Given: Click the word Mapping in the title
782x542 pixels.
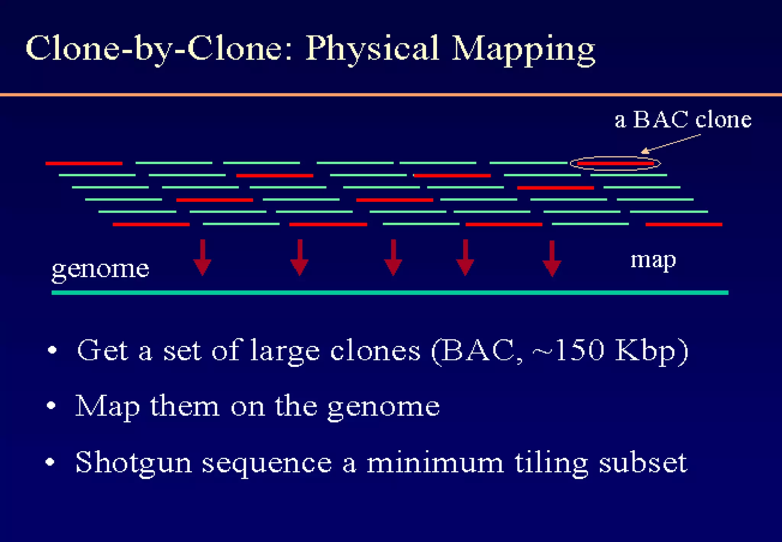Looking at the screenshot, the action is tap(523, 50).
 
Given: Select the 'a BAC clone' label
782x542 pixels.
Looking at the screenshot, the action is tap(683, 119).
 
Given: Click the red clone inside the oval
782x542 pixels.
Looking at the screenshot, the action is tap(616, 164).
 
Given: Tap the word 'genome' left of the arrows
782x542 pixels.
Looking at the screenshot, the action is tap(100, 269).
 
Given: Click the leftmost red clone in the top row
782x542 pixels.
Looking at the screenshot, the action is tap(84, 164).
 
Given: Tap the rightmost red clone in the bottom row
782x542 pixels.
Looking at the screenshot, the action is tap(683, 224).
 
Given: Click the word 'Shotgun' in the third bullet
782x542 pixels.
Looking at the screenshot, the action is tap(133, 462).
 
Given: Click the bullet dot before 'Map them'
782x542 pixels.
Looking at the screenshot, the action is tap(51, 405).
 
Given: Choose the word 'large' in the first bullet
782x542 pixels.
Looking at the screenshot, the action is tap(285, 351).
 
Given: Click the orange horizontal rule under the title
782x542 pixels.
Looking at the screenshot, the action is tap(391, 94).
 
